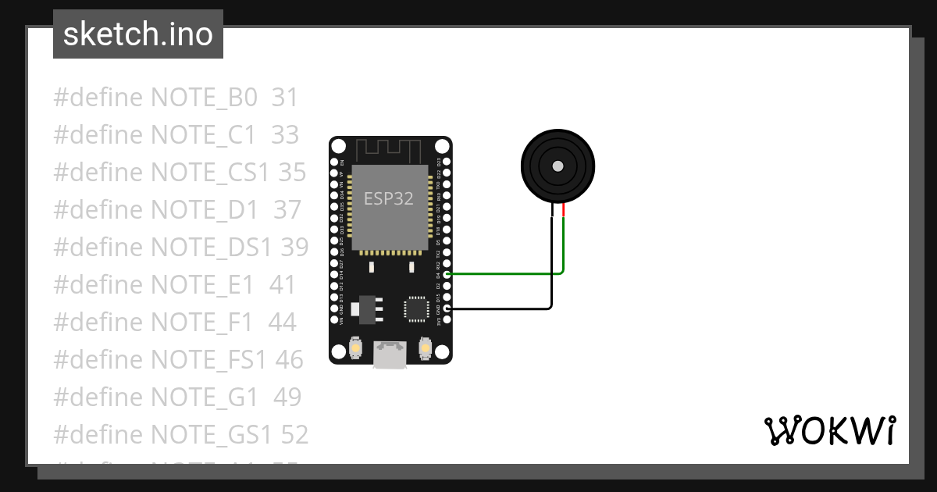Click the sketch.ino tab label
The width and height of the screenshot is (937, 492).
pyautogui.click(x=137, y=34)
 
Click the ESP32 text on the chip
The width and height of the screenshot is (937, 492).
pyautogui.click(x=389, y=198)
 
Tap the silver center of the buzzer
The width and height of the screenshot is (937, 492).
pyautogui.click(x=558, y=166)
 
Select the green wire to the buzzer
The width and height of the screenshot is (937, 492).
pyautogui.click(x=508, y=274)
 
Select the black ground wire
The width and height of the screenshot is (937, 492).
pyautogui.click(x=508, y=308)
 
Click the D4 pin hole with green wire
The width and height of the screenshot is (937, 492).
pyautogui.click(x=447, y=274)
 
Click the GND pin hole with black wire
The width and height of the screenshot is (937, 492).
pyautogui.click(x=447, y=308)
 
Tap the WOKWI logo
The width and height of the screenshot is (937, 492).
pyautogui.click(x=829, y=431)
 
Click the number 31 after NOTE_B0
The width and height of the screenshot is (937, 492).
pyautogui.click(x=285, y=98)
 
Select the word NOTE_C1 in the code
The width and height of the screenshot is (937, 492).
pyautogui.click(x=203, y=135)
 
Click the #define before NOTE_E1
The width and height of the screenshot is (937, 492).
pyautogui.click(x=98, y=284)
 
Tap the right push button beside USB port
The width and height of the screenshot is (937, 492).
pyautogui.click(x=426, y=348)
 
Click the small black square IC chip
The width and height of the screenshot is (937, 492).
pyautogui.click(x=415, y=308)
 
